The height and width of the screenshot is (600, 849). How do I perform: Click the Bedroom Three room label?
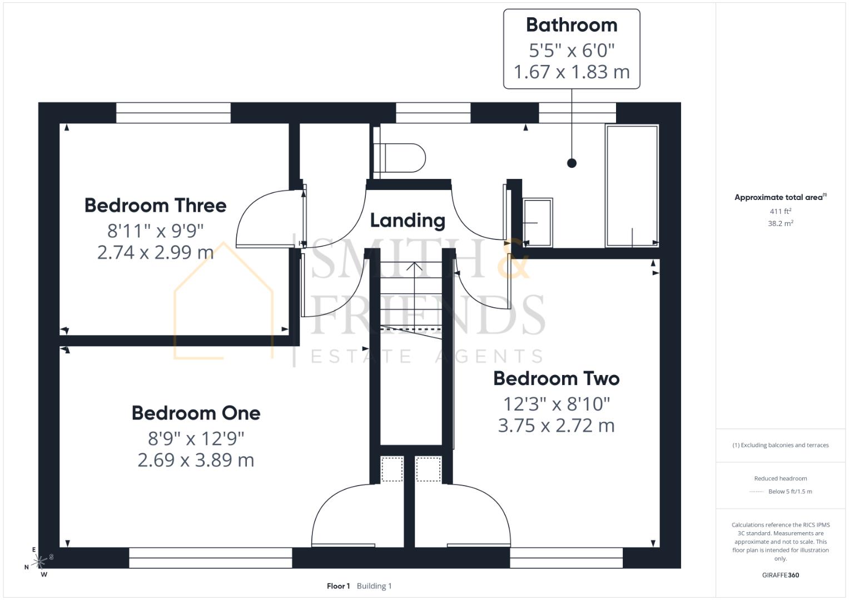click(x=155, y=206)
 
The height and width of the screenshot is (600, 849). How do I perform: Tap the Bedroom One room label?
click(x=196, y=413)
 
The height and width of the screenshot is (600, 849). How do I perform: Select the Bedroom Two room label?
click(x=556, y=379)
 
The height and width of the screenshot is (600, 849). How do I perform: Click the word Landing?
click(x=408, y=221)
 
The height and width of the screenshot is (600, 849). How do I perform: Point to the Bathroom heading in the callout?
click(x=572, y=25)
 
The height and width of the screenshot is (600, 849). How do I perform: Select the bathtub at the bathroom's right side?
click(x=632, y=186)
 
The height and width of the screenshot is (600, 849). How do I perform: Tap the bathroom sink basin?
click(x=538, y=222)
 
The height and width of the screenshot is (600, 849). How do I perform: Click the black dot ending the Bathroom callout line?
click(x=572, y=163)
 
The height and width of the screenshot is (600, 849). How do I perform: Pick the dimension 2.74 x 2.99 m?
click(x=155, y=252)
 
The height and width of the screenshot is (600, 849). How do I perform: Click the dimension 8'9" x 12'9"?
click(x=196, y=439)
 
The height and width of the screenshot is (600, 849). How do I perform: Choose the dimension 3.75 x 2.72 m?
click(x=556, y=426)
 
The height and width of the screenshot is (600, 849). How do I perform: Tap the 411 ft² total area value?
click(x=780, y=212)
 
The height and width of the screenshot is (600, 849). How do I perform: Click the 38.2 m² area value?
click(x=780, y=223)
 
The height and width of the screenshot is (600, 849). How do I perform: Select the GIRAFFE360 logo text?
click(x=780, y=575)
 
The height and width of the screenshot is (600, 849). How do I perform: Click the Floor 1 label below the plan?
click(x=338, y=586)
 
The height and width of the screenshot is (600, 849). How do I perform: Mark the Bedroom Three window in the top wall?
click(x=173, y=113)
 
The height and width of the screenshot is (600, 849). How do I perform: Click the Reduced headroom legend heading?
click(x=780, y=478)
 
